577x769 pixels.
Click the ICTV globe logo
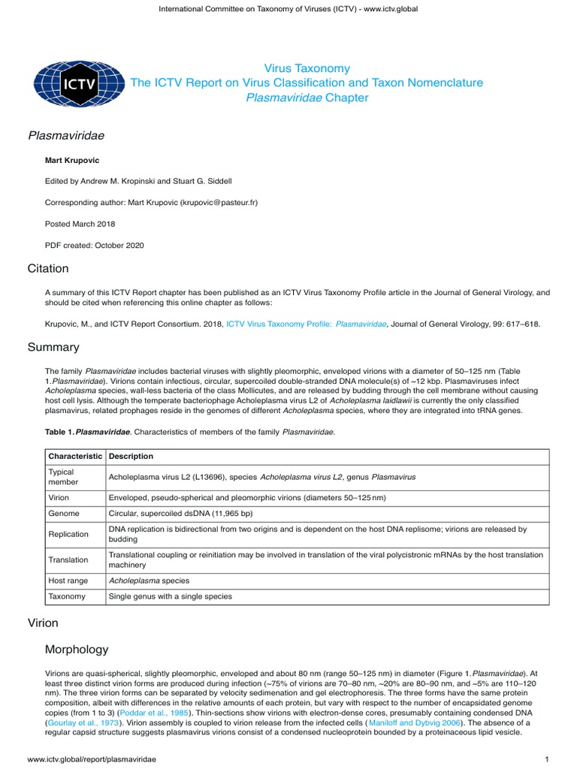click(68, 83)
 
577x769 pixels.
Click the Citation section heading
click(48, 269)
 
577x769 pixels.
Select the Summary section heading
click(53, 348)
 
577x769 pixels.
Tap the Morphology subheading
click(77, 650)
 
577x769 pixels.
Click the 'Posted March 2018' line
click(80, 224)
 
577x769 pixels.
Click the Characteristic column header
click(75, 457)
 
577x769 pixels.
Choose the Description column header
click(131, 457)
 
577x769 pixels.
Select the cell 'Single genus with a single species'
click(171, 597)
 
